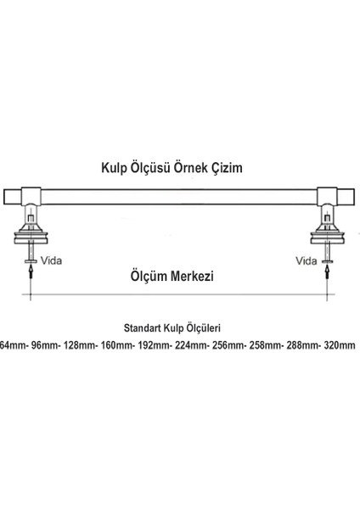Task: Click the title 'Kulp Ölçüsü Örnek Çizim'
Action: (180, 168)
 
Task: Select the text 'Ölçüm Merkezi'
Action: (179, 275)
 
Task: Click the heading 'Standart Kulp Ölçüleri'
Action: (179, 327)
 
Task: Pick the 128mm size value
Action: (82, 345)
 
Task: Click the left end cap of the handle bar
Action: (14, 197)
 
